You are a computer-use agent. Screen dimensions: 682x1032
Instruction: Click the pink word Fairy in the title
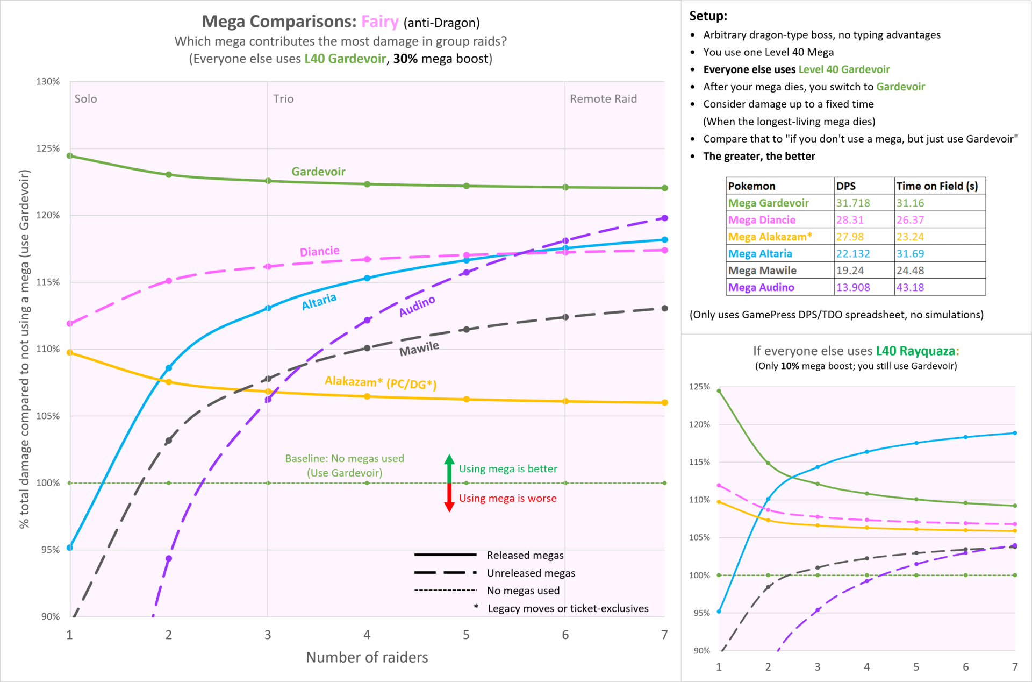click(379, 22)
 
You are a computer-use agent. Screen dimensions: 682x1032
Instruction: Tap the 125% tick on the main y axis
click(48, 148)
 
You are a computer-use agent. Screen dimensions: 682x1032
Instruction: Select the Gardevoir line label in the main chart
click(318, 172)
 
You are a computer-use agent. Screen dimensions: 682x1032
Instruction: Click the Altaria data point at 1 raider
click(70, 548)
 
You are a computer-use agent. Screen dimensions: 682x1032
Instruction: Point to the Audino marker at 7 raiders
click(665, 218)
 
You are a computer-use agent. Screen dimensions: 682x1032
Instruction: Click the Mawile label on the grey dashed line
click(419, 349)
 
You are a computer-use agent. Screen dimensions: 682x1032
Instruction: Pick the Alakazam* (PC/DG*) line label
click(381, 382)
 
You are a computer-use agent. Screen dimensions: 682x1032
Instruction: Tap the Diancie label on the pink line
click(319, 251)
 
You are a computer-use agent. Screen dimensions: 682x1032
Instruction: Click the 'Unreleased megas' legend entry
click(531, 573)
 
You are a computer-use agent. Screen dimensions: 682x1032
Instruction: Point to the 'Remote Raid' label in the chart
click(603, 99)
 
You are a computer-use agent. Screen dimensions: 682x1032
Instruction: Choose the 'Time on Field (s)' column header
click(937, 186)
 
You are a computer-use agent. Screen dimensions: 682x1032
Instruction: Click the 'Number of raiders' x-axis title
click(367, 657)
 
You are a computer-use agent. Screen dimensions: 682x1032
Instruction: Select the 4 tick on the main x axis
click(367, 635)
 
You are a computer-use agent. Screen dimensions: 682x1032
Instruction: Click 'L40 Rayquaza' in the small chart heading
click(915, 351)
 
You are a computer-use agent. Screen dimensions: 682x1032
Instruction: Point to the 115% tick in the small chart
click(699, 462)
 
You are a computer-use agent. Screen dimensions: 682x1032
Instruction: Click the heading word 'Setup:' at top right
click(708, 16)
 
